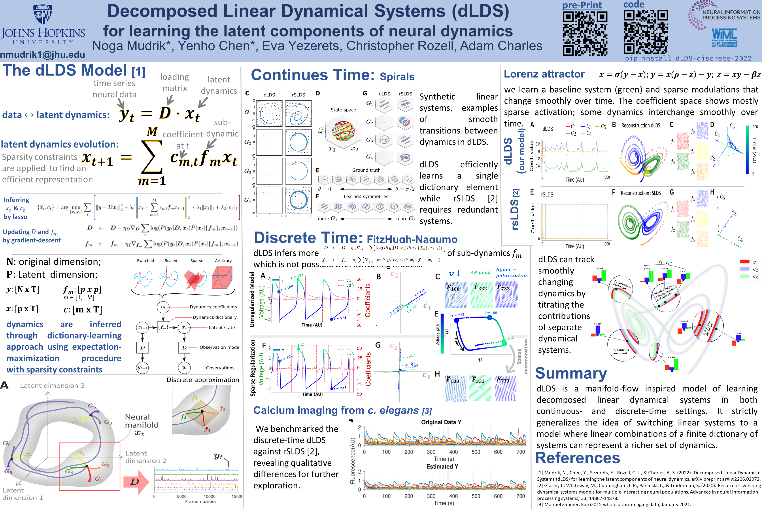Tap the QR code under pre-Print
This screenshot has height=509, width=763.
coord(585,33)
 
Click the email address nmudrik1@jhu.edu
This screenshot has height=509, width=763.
coord(42,55)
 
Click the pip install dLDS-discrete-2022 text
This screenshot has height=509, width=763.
coord(688,58)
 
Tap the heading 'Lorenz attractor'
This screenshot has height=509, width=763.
coord(544,74)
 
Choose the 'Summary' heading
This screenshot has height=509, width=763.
coord(571,373)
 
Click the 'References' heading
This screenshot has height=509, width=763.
coord(578,458)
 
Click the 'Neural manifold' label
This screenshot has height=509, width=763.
coord(142,421)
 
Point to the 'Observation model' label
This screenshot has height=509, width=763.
coord(220,347)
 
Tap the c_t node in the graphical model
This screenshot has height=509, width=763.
coord(163,307)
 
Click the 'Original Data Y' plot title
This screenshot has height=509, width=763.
coord(441,422)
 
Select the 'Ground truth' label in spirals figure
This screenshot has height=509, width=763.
coord(366,170)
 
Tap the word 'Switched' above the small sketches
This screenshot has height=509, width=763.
coord(145,261)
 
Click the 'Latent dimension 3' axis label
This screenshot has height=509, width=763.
coord(52,386)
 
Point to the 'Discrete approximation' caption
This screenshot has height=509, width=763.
coord(202,380)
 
